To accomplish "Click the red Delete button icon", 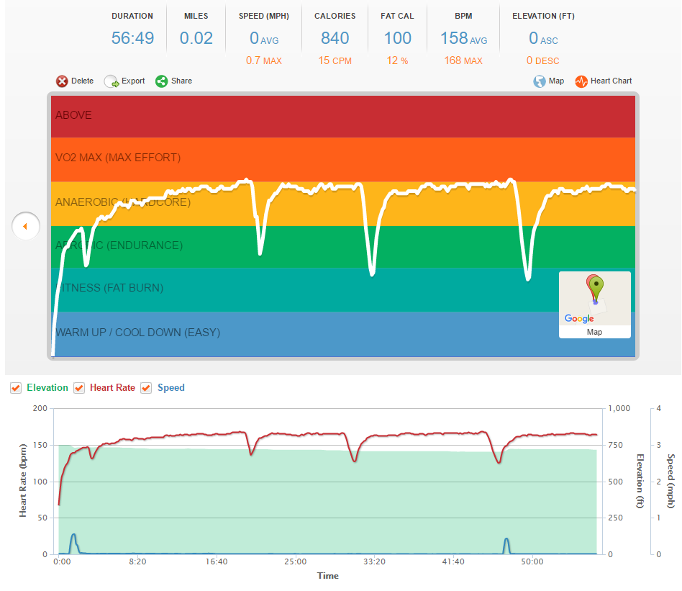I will (x=62, y=81).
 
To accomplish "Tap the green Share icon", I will (x=162, y=81).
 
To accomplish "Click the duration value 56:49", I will (x=132, y=38).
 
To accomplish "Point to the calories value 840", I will (x=335, y=38).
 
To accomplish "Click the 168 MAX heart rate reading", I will (x=463, y=61).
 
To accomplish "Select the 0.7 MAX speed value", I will (x=263, y=61).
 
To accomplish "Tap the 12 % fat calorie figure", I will (x=397, y=61).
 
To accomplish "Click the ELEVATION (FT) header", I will (x=543, y=16).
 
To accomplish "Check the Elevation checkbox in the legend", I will (x=17, y=388).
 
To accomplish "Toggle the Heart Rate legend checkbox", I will (x=79, y=388).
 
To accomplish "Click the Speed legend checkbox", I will (x=146, y=388).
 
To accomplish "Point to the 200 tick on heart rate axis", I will (x=39, y=408).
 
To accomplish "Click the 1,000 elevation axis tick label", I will (x=619, y=408).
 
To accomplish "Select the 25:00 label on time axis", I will (x=295, y=561).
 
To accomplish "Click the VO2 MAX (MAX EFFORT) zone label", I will (x=118, y=158).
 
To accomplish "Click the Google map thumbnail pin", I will (x=595, y=288).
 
